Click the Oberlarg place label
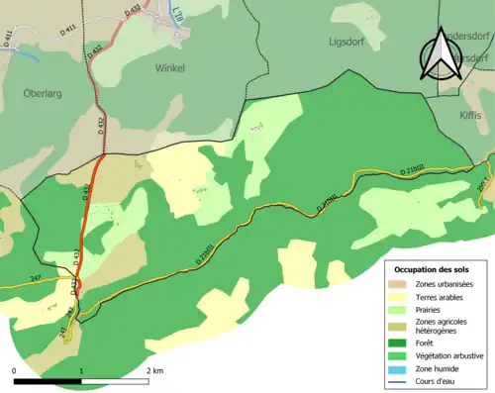pyautogui.click(x=43, y=93)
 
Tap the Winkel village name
pyautogui.click(x=169, y=68)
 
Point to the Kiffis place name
pyautogui.click(x=470, y=115)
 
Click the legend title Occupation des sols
pyautogui.click(x=434, y=269)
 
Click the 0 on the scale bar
pyautogui.click(x=15, y=369)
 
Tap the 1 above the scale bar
pyautogui.click(x=80, y=369)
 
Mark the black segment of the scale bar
pyautogui.click(x=48, y=381)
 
